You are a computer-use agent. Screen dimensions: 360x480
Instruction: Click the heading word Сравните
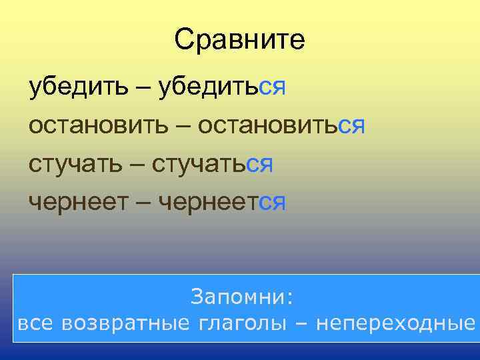point(239,40)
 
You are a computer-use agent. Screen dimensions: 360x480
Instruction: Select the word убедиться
point(222,87)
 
